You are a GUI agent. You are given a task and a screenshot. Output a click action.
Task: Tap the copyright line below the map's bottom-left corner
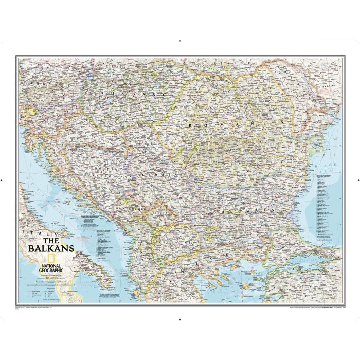(36, 308)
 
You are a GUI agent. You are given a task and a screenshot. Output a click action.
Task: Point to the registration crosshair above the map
(179, 40)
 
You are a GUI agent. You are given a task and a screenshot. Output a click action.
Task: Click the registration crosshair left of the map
(2, 181)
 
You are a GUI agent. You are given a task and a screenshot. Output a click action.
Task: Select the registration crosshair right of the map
(357, 181)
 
